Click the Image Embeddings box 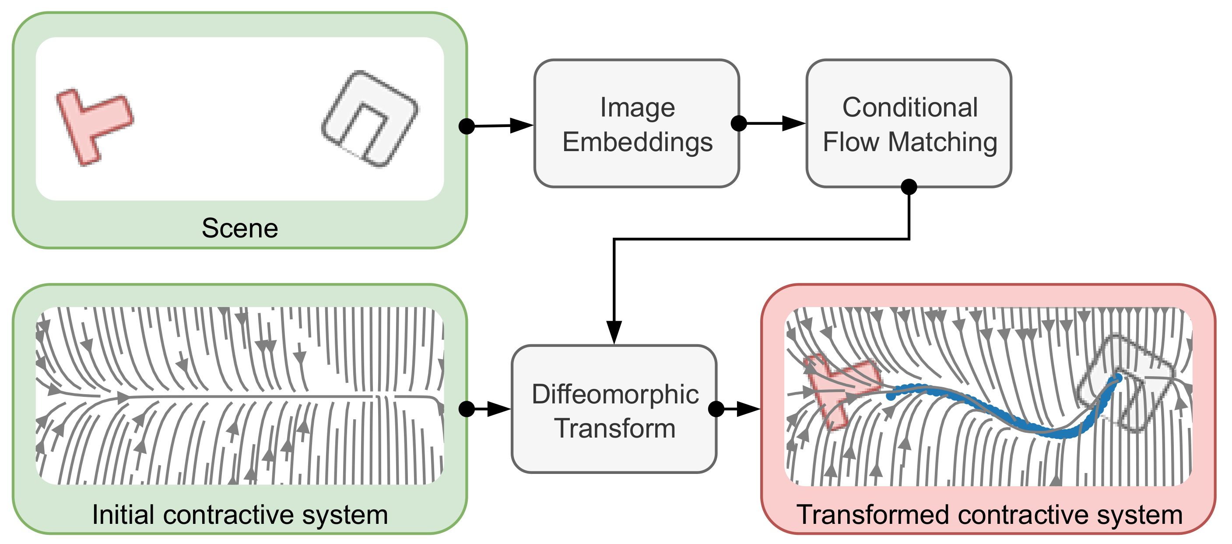636,124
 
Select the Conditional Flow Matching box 909,124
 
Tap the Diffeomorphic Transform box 614,409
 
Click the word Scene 239,228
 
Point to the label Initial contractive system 239,515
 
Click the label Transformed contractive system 989,515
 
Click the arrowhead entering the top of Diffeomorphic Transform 614,331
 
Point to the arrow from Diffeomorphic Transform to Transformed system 739,409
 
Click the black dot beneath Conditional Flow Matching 909,187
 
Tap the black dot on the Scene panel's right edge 466,126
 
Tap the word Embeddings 637,142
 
